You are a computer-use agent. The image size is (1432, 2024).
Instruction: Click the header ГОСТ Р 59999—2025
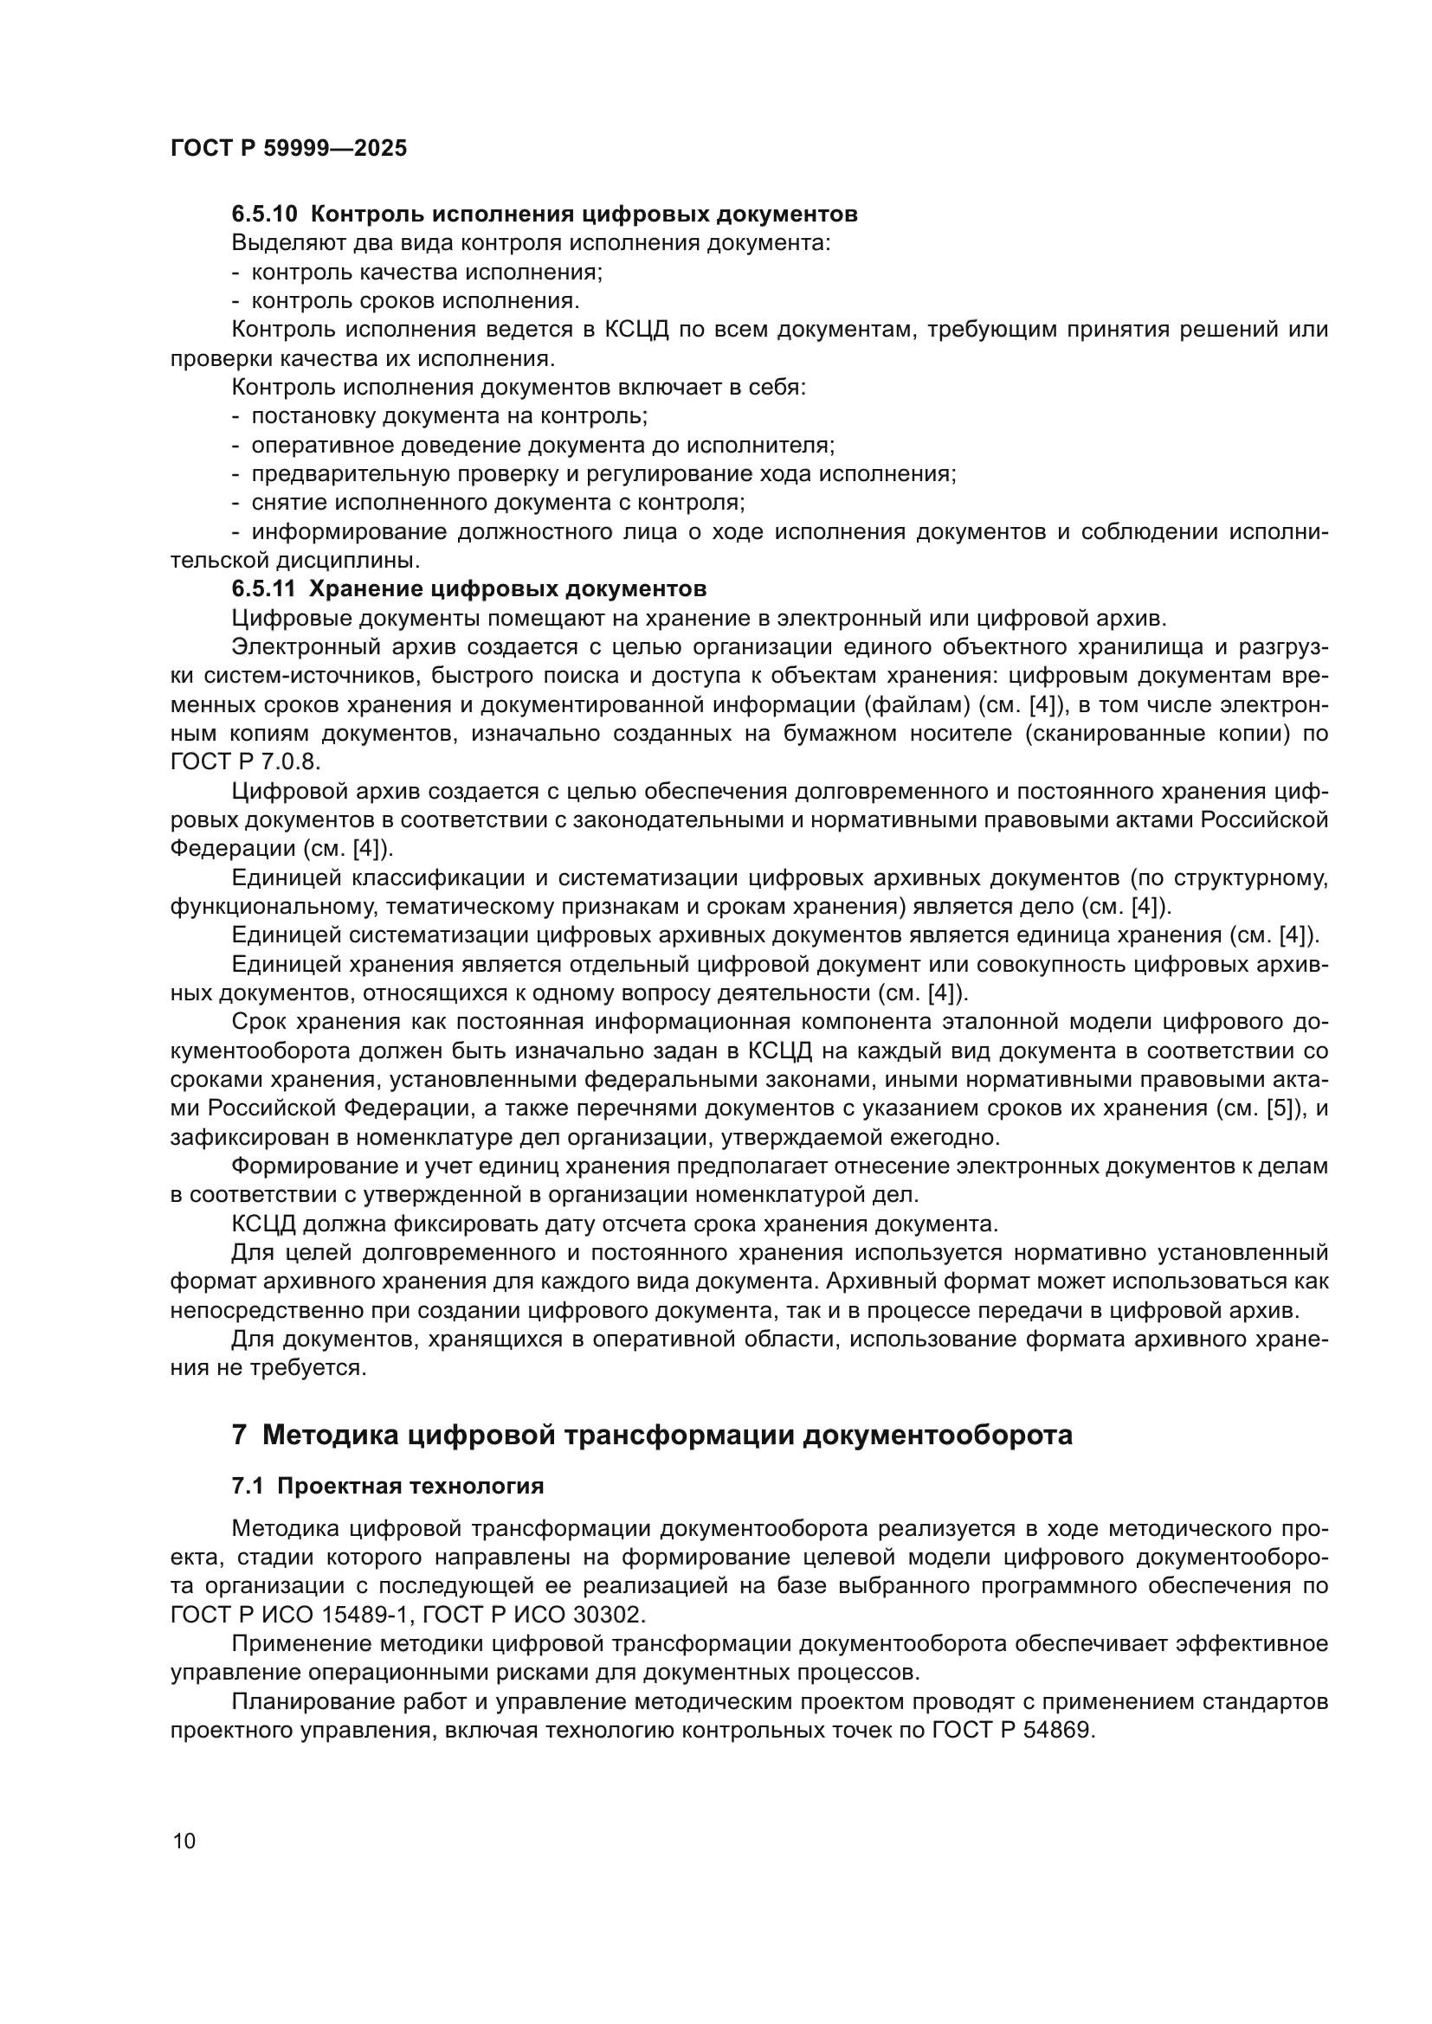coord(288,148)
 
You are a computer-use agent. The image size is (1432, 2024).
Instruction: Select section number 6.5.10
coord(265,215)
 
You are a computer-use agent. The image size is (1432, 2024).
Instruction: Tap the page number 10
coord(184,1841)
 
